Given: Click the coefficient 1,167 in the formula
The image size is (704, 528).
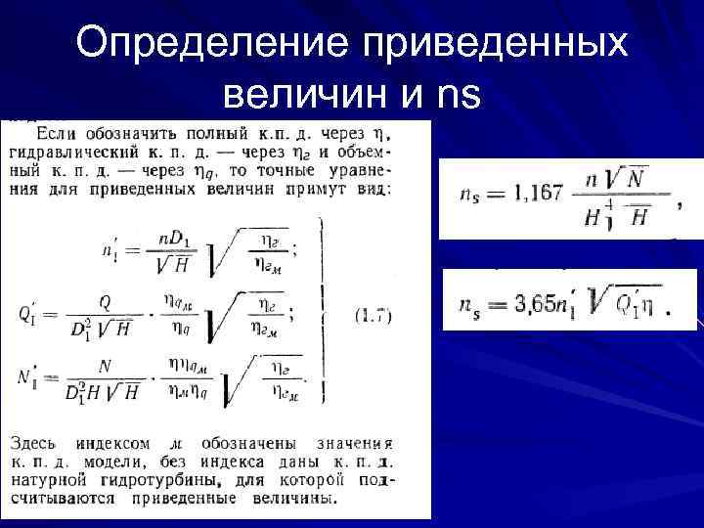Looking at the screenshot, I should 533,192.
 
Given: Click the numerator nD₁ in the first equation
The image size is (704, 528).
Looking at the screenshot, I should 173,241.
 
